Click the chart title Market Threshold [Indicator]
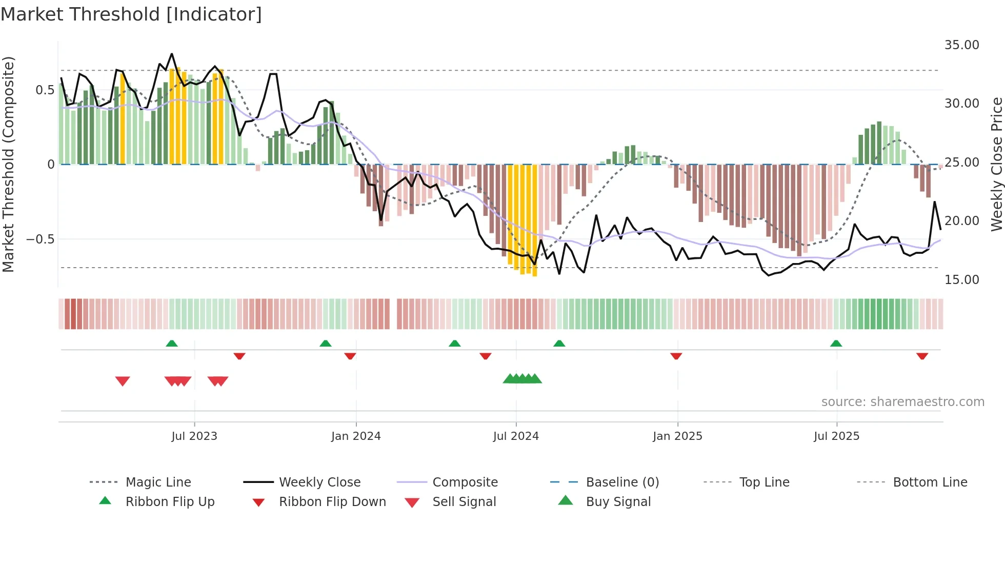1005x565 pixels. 131,14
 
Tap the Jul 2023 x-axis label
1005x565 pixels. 194,436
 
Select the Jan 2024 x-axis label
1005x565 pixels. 356,436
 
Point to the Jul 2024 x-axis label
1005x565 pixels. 516,436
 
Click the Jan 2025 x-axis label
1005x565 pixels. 677,436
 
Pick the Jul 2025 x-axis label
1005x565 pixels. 836,436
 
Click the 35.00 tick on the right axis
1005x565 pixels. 961,45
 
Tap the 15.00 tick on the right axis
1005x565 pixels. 961,280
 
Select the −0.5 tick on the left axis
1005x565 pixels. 40,239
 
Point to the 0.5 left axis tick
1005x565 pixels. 45,90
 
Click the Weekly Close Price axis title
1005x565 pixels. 996,164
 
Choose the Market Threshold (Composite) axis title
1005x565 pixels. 8,164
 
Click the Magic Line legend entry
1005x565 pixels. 158,482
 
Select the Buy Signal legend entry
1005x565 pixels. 618,502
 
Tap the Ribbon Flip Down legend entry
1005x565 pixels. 332,502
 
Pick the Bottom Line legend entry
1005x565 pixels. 930,482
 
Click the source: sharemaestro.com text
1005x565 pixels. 902,402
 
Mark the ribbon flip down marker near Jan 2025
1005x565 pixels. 676,356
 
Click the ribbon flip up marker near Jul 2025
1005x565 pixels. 836,344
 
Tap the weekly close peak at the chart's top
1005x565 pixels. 172,54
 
